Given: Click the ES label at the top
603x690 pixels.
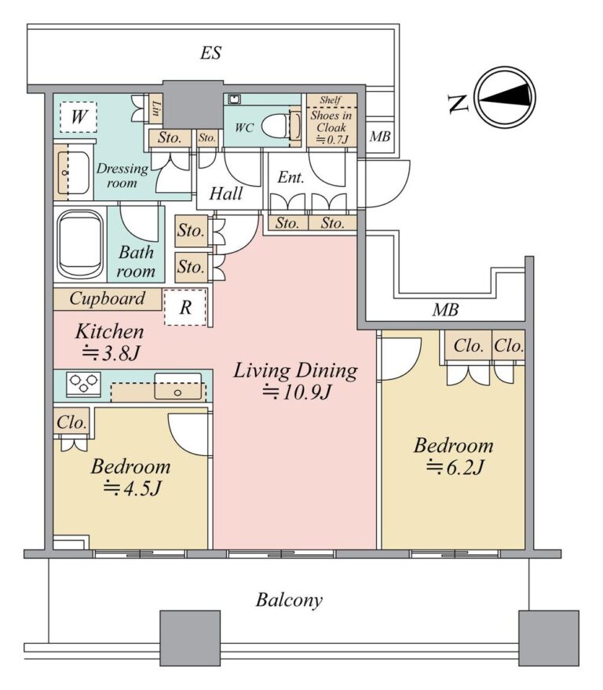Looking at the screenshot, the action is tap(211, 53).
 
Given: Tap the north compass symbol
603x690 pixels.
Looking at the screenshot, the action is tap(506, 97).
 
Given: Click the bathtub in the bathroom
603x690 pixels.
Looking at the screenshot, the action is tap(80, 244).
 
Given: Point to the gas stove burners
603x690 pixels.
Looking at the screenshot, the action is tap(82, 382).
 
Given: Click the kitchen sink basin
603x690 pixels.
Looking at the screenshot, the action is tap(177, 386).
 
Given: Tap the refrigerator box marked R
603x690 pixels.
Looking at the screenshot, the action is tap(185, 307).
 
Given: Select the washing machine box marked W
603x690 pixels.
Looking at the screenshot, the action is tap(79, 117).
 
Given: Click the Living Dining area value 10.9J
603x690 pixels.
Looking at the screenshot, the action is tap(296, 392).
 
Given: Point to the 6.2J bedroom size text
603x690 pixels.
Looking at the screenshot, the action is tap(455, 467).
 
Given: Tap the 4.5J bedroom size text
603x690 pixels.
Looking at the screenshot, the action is tap(133, 488).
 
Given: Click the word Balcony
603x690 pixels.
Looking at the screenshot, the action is tap(289, 601).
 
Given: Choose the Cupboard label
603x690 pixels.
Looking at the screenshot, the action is tap(107, 299).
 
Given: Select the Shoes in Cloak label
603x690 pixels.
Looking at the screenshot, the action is tap(331, 122).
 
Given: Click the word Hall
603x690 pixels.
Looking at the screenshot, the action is tap(226, 194).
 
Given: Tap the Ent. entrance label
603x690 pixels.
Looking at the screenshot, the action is tap(291, 177).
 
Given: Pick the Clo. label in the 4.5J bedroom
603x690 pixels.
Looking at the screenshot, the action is tap(71, 422).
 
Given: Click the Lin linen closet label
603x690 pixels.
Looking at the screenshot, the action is tap(155, 108).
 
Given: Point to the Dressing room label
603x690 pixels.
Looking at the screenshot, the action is tap(122, 175).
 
